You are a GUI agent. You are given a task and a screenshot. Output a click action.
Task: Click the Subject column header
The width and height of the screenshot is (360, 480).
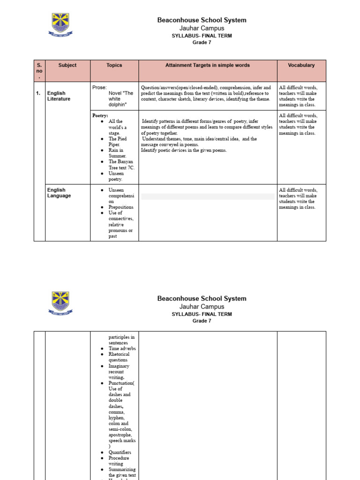coord(67,65)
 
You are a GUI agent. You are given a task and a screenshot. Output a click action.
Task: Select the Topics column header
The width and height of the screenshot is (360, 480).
coord(114,65)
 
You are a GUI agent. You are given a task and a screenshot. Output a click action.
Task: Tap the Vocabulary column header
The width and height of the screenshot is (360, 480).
coord(301,65)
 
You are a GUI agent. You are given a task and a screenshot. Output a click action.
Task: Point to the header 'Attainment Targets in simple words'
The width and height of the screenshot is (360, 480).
coord(208,65)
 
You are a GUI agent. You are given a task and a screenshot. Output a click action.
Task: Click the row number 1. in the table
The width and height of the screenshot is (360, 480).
coord(38,93)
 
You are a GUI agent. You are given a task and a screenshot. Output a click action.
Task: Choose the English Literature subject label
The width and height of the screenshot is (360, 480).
coord(59,96)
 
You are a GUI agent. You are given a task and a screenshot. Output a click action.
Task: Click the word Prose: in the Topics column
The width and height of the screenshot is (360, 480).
coord(99,87)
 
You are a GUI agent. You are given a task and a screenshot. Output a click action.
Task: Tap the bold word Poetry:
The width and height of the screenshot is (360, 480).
coord(100,115)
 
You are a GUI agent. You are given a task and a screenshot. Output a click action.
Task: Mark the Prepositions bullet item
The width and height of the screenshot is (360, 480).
coord(121,207)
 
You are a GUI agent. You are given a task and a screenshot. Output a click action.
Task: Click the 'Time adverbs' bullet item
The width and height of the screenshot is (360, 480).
coord(122,349)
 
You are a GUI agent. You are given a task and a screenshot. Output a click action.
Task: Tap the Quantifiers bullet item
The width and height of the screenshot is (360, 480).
coord(120,452)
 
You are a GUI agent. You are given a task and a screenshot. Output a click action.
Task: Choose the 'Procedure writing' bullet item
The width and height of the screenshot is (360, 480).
coord(119,461)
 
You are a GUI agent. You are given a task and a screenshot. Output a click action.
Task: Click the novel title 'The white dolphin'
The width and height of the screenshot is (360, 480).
coord(120,99)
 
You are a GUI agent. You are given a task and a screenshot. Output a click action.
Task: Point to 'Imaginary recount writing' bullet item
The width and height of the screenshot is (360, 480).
coord(119,371)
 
